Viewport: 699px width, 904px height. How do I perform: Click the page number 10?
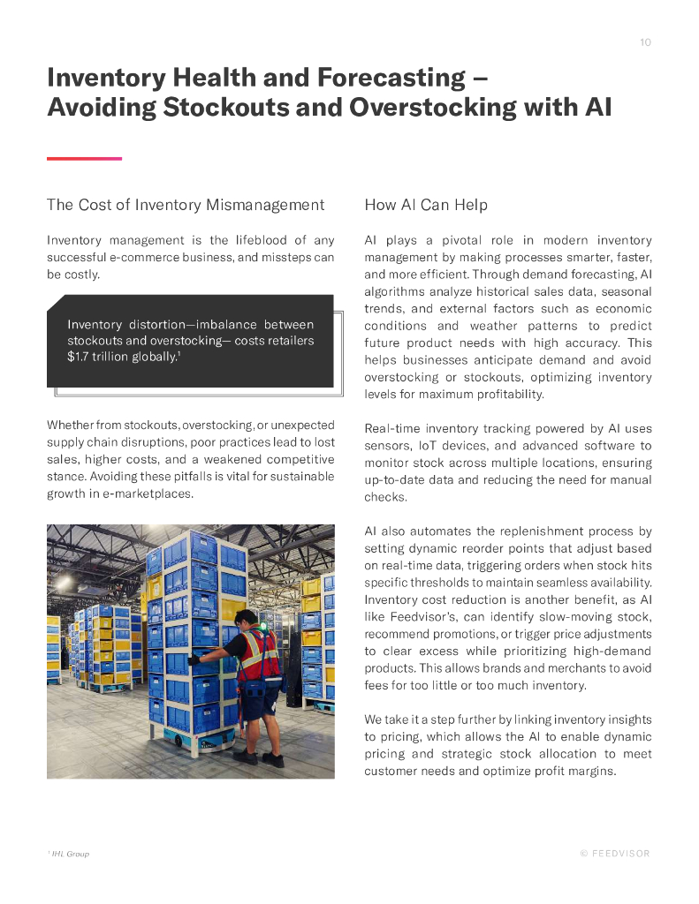(x=645, y=42)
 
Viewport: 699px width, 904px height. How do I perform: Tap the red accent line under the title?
(x=84, y=158)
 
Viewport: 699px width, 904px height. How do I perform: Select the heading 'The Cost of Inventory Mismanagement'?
(x=186, y=205)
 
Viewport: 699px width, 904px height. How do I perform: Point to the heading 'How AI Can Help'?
(x=426, y=205)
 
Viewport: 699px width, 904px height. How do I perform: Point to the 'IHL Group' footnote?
(x=70, y=854)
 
